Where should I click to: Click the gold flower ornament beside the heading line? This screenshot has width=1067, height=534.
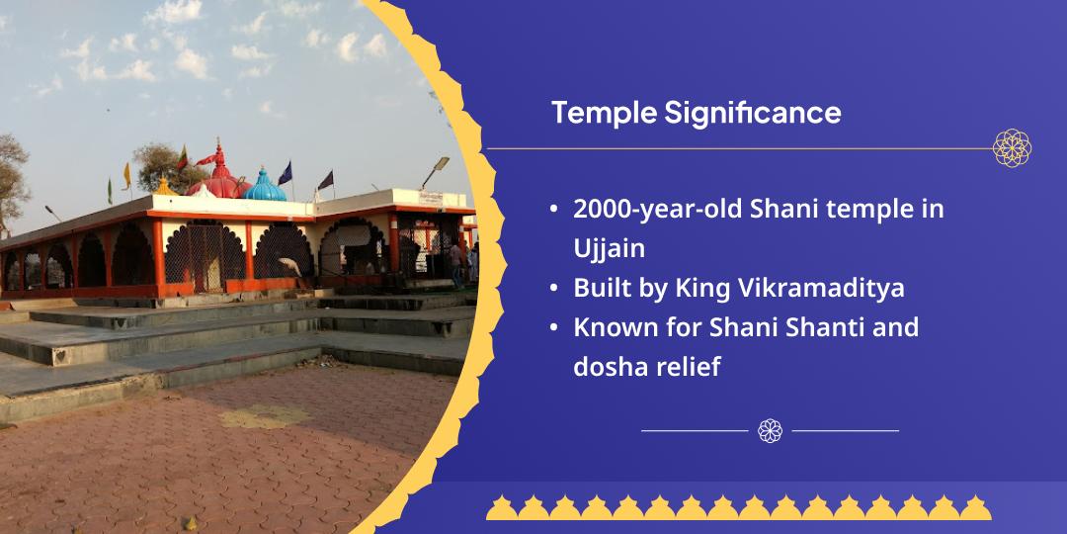coord(1012,148)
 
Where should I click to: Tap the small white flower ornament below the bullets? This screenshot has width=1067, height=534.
coord(770,430)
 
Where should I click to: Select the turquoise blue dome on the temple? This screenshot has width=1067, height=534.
coord(265,185)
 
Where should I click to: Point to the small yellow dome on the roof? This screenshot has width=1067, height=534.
coord(164,186)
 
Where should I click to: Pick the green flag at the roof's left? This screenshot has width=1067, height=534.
coord(110,188)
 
